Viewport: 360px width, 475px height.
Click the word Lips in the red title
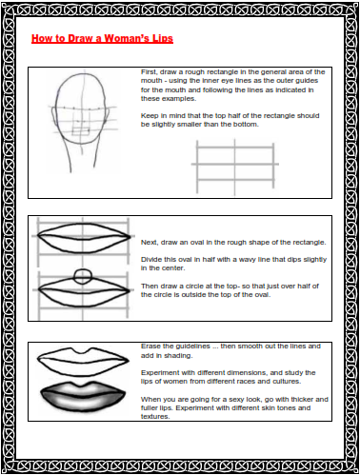162,38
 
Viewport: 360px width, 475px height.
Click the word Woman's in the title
127,38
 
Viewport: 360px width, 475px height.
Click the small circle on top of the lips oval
83,276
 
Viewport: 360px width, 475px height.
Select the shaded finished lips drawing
83,396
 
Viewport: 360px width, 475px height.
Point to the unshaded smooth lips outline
83,362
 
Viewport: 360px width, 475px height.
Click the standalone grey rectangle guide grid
235,167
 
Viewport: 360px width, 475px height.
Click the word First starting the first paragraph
149,72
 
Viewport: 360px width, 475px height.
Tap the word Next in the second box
150,243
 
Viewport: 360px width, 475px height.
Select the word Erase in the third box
150,346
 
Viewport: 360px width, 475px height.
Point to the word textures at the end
155,417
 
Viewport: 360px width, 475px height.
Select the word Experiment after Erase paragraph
161,373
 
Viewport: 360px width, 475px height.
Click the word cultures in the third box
288,382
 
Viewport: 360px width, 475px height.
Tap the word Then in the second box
149,287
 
